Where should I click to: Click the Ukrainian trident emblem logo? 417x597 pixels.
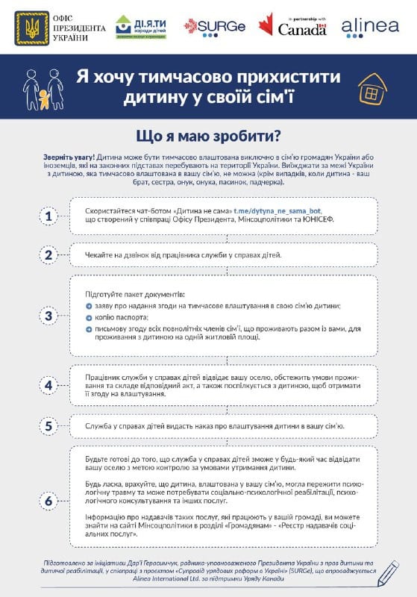pyautogui.click(x=30, y=28)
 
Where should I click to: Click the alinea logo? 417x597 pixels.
pyautogui.click(x=369, y=28)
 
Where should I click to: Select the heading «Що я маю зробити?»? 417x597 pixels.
pyautogui.click(x=208, y=136)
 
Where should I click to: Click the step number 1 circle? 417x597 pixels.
pyautogui.click(x=48, y=217)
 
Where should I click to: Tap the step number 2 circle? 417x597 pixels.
pyautogui.click(x=48, y=255)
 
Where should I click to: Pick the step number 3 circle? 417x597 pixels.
pyautogui.click(x=48, y=316)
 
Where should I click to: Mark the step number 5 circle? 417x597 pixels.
pyautogui.click(x=48, y=427)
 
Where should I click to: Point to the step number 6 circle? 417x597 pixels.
pyautogui.click(x=48, y=501)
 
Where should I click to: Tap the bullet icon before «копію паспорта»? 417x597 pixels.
pyautogui.click(x=89, y=317)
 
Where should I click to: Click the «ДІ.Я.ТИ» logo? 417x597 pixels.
pyautogui.click(x=141, y=28)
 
